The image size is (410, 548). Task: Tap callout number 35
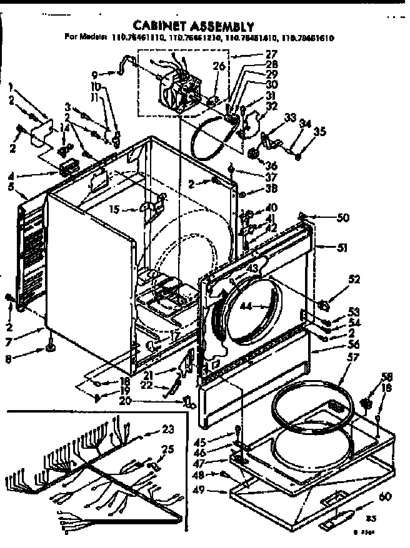(319, 131)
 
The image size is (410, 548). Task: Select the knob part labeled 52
(323, 305)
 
